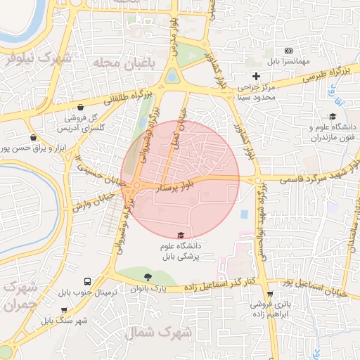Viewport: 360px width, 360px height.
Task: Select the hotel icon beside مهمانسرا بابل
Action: tap(288, 51)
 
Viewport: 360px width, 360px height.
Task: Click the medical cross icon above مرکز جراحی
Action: tap(256, 76)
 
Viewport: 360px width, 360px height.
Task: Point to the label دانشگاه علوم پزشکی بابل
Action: tap(181, 252)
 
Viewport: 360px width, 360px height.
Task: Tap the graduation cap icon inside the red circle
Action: tap(181, 235)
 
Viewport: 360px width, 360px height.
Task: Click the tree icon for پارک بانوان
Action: tap(147, 277)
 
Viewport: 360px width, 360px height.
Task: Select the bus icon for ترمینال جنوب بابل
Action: tap(86, 279)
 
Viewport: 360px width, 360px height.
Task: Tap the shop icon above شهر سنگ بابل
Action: tap(65, 310)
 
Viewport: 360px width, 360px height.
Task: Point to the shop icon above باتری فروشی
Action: tap(288, 293)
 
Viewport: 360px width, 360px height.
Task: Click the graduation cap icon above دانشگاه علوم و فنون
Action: tap(332, 117)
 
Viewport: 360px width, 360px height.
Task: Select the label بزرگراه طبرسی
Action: tap(307, 78)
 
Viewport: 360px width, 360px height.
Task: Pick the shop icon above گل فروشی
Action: tap(82, 108)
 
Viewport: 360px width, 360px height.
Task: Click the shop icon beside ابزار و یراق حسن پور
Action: tap(33, 138)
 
